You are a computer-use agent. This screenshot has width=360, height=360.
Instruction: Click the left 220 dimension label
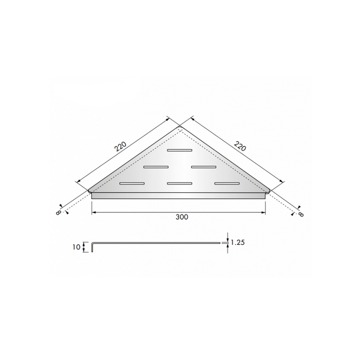point(121,146)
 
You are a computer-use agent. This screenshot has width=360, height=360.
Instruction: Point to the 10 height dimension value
point(77,246)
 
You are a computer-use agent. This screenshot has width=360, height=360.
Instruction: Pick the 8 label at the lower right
point(301,213)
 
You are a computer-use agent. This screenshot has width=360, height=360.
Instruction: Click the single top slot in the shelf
point(180,150)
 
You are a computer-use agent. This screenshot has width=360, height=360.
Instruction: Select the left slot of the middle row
point(156,167)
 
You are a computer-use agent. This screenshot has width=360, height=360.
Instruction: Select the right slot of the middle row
point(203,167)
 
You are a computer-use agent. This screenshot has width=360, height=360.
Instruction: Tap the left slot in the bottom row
point(132,183)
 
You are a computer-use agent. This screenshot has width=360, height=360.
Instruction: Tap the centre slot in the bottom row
point(179,183)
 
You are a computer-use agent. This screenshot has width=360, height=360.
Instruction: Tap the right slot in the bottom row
point(227,183)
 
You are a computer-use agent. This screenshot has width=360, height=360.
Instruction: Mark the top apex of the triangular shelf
point(179,127)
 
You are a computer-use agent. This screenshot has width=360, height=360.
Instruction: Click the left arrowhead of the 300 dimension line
point(94,212)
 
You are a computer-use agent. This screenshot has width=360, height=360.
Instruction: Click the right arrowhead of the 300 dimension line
point(264,212)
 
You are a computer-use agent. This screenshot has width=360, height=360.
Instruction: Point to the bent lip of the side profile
point(94,247)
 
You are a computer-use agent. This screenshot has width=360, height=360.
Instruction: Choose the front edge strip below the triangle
point(179,196)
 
